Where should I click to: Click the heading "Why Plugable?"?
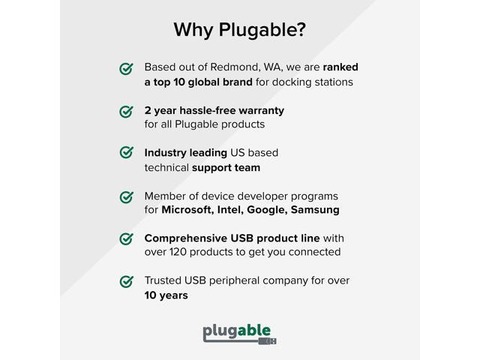(240, 30)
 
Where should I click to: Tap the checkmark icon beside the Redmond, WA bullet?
(127, 69)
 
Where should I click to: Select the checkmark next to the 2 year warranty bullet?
(127, 112)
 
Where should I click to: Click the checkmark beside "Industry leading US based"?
(127, 153)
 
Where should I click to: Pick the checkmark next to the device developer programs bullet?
(127, 196)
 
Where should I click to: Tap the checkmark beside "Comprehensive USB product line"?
(127, 239)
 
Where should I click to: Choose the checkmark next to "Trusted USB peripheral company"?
(127, 282)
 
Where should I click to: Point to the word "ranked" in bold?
(340, 67)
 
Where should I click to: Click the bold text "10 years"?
(166, 295)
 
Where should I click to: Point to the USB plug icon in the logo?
(267, 340)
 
